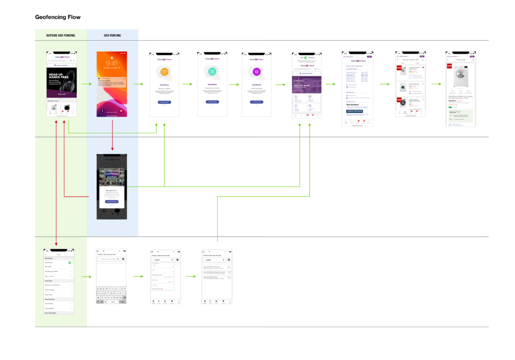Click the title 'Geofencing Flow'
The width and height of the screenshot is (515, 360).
tap(57, 17)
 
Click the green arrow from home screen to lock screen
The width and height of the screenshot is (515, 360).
tap(85, 84)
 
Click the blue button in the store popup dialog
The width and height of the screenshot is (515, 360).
tap(112, 201)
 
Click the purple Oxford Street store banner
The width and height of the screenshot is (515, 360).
tap(307, 82)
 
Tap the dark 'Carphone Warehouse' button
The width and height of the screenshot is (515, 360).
tap(357, 111)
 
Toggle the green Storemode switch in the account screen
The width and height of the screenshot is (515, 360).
tap(70, 262)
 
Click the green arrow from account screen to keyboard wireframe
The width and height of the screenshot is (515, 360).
tap(85, 277)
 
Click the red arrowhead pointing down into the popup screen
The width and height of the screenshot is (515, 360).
tap(112, 150)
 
